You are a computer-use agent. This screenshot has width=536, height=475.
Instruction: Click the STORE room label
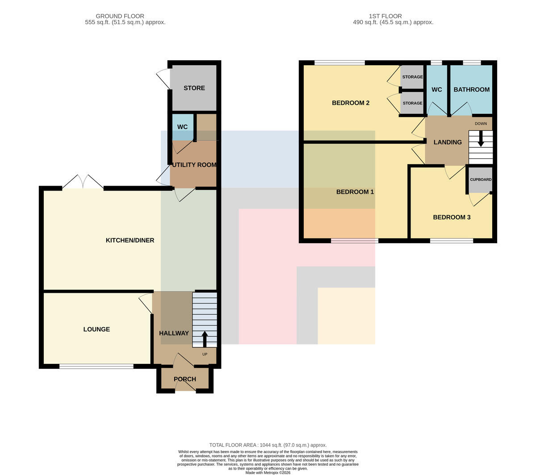(194, 88)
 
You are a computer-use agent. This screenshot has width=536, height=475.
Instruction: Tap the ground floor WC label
(182, 127)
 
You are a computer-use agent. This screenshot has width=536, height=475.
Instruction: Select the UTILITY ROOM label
(194, 165)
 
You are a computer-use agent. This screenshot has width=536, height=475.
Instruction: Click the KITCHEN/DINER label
(130, 240)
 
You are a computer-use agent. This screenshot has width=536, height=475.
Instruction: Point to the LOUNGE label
(96, 329)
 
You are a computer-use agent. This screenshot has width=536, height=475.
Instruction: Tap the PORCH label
(185, 379)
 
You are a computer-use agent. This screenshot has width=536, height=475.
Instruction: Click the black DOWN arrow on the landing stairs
(481, 138)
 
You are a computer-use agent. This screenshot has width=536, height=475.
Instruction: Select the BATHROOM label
(471, 89)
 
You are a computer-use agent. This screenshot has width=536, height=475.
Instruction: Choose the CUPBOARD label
(481, 179)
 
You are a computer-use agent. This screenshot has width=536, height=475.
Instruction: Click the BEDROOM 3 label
(452, 217)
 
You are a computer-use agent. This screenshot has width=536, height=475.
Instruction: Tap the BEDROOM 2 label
(351, 103)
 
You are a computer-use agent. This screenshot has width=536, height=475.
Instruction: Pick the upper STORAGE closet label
(412, 77)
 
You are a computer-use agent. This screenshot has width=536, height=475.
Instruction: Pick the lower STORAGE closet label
(412, 103)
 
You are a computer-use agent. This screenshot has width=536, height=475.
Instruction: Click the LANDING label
(448, 142)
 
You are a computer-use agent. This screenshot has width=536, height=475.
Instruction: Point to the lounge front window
(96, 366)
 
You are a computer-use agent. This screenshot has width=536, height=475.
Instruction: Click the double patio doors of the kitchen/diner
(83, 182)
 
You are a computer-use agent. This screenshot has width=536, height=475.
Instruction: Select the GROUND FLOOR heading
(120, 16)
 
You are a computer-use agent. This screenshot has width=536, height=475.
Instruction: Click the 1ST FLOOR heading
(385, 16)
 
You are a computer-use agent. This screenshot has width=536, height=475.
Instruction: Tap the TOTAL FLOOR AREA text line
(268, 445)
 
